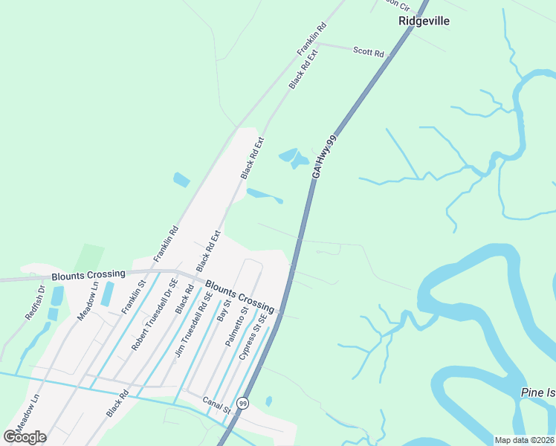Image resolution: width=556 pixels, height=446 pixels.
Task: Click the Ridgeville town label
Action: tap(424, 22)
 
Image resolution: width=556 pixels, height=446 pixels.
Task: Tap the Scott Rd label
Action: tap(369, 52)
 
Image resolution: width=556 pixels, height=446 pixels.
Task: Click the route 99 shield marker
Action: tap(242, 403)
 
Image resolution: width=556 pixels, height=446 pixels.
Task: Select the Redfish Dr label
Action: tap(35, 303)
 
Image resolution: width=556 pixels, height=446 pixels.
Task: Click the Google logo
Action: tap(25, 437)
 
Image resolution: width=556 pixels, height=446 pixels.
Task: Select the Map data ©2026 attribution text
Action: tap(524, 440)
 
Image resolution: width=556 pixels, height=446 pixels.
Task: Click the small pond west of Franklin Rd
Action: tap(181, 179)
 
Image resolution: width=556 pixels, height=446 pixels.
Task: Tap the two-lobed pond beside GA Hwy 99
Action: tap(294, 158)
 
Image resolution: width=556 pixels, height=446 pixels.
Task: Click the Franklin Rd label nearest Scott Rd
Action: tap(312, 39)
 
